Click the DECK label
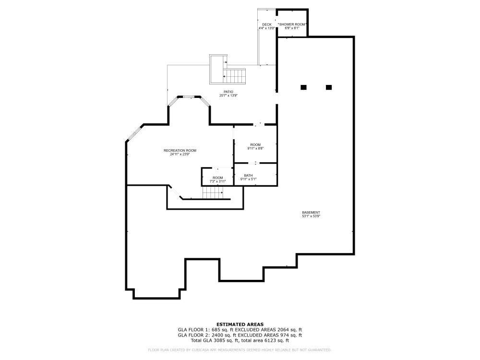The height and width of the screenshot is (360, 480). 266,24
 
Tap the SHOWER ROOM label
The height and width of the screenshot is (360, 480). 292,24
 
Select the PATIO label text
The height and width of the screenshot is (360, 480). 228,92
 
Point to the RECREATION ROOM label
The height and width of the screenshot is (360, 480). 180,150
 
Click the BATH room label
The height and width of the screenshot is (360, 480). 248,175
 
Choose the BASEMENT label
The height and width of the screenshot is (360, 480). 311,212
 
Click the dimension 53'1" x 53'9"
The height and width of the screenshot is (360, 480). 311,216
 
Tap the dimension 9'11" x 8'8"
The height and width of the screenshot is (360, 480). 255,148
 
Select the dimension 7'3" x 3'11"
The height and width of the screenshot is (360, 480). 218,181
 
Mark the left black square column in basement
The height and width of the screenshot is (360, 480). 303,87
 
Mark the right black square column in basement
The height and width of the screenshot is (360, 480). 329,87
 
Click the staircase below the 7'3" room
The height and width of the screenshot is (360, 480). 213,193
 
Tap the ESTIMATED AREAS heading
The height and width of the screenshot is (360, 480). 240,324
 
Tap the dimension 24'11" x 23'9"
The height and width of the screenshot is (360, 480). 180,155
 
